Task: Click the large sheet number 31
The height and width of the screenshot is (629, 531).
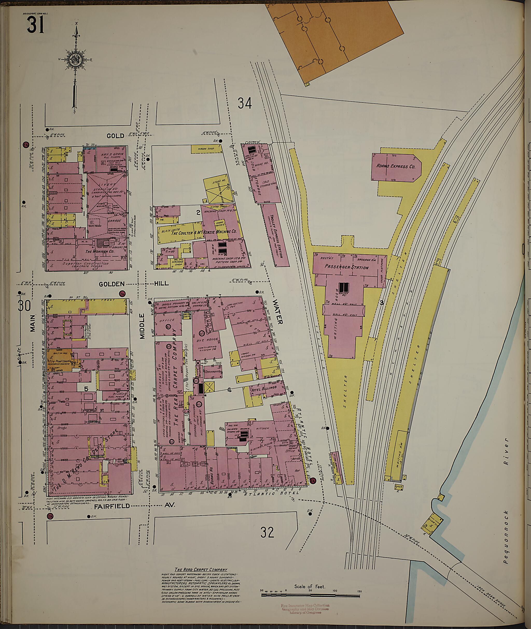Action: coord(36,25)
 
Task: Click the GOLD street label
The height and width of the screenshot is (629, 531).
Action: coord(115,136)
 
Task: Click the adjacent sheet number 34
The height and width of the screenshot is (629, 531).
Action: coord(245,103)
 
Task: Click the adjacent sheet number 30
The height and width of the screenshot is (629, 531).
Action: coord(24,306)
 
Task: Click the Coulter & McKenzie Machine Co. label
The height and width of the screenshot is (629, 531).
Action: coord(204,233)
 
